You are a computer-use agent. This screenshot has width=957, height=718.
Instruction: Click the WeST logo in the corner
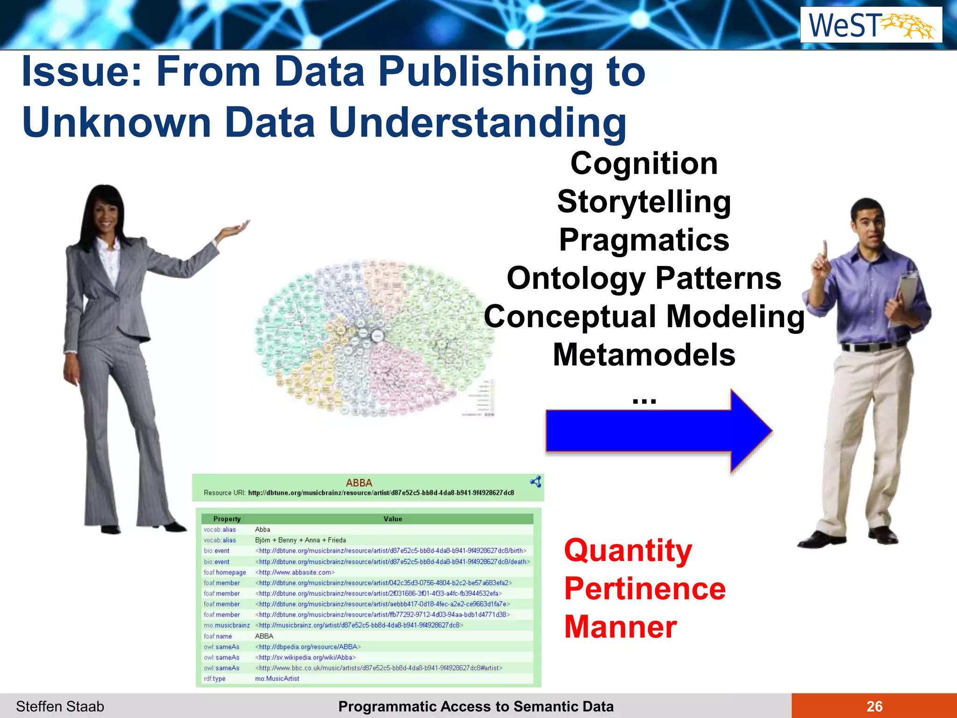coord(871,25)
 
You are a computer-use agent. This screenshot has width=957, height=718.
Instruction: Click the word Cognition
coord(644,164)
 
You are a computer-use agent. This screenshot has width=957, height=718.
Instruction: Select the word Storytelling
coord(644,202)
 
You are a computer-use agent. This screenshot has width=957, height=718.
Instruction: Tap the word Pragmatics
coord(644,240)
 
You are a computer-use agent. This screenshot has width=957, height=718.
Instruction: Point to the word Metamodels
coord(644,355)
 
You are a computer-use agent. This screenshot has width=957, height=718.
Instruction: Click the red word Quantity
coord(628,550)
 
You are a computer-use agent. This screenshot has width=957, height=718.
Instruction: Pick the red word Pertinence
coord(645,589)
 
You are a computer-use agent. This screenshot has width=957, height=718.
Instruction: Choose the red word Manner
coord(621,627)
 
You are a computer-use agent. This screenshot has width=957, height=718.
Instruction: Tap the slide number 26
coord(874,706)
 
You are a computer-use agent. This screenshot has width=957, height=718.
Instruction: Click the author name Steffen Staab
coord(60,706)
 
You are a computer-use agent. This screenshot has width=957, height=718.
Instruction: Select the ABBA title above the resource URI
coord(359,483)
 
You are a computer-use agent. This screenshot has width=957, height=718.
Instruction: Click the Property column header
coord(227,519)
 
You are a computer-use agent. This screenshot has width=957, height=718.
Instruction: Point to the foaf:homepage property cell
coord(225,572)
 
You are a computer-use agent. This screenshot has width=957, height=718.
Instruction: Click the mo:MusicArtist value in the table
coord(277,678)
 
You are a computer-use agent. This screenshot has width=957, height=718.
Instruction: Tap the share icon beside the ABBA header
coord(536,482)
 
